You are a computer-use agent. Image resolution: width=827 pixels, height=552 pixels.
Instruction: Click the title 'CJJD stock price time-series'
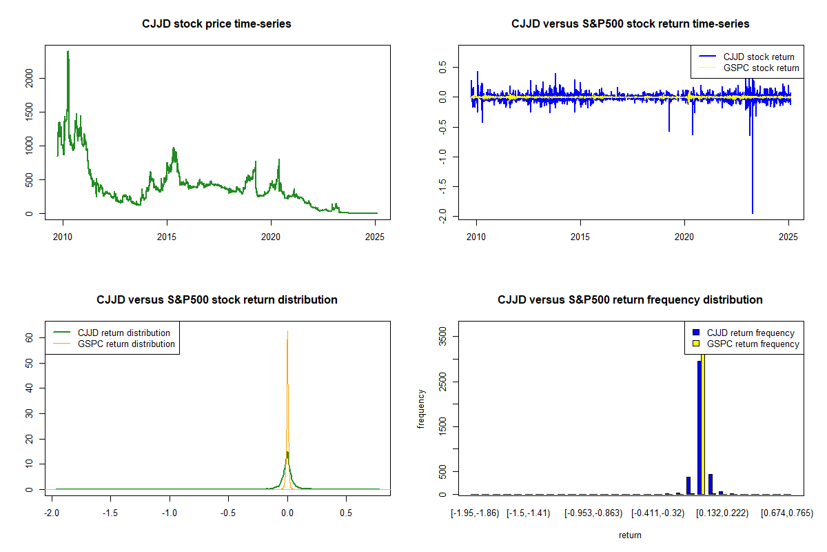(216, 24)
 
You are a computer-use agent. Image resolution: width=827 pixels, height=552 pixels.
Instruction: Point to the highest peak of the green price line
(68, 51)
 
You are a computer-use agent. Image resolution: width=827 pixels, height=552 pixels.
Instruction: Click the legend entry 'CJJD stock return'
(758, 57)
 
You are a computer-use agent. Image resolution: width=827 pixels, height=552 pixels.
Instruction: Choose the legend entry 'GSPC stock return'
(761, 68)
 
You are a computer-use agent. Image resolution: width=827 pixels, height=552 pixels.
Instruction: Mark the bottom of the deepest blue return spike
(752, 213)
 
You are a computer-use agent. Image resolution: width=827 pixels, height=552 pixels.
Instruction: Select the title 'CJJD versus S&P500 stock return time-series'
(630, 24)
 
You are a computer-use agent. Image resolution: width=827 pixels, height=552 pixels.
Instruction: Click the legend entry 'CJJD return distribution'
(124, 333)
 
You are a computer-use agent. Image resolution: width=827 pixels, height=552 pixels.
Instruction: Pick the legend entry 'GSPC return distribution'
(126, 344)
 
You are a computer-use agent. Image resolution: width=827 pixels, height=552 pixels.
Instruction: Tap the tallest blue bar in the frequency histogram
(699, 428)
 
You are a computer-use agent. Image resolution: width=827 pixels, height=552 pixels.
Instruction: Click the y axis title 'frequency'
(422, 408)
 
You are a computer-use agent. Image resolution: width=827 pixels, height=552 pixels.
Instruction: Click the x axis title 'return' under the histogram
(630, 535)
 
